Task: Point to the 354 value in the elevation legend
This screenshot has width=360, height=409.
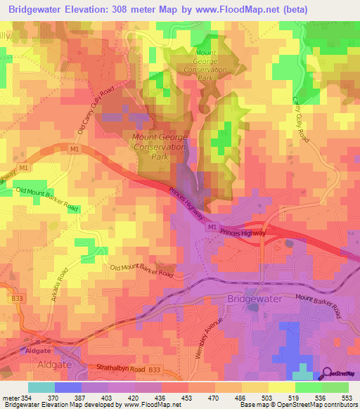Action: (x=25, y=398)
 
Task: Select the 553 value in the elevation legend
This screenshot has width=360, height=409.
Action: (x=347, y=398)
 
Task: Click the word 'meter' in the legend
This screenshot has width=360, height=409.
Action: (x=9, y=398)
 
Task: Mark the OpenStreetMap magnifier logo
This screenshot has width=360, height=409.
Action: (x=328, y=375)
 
